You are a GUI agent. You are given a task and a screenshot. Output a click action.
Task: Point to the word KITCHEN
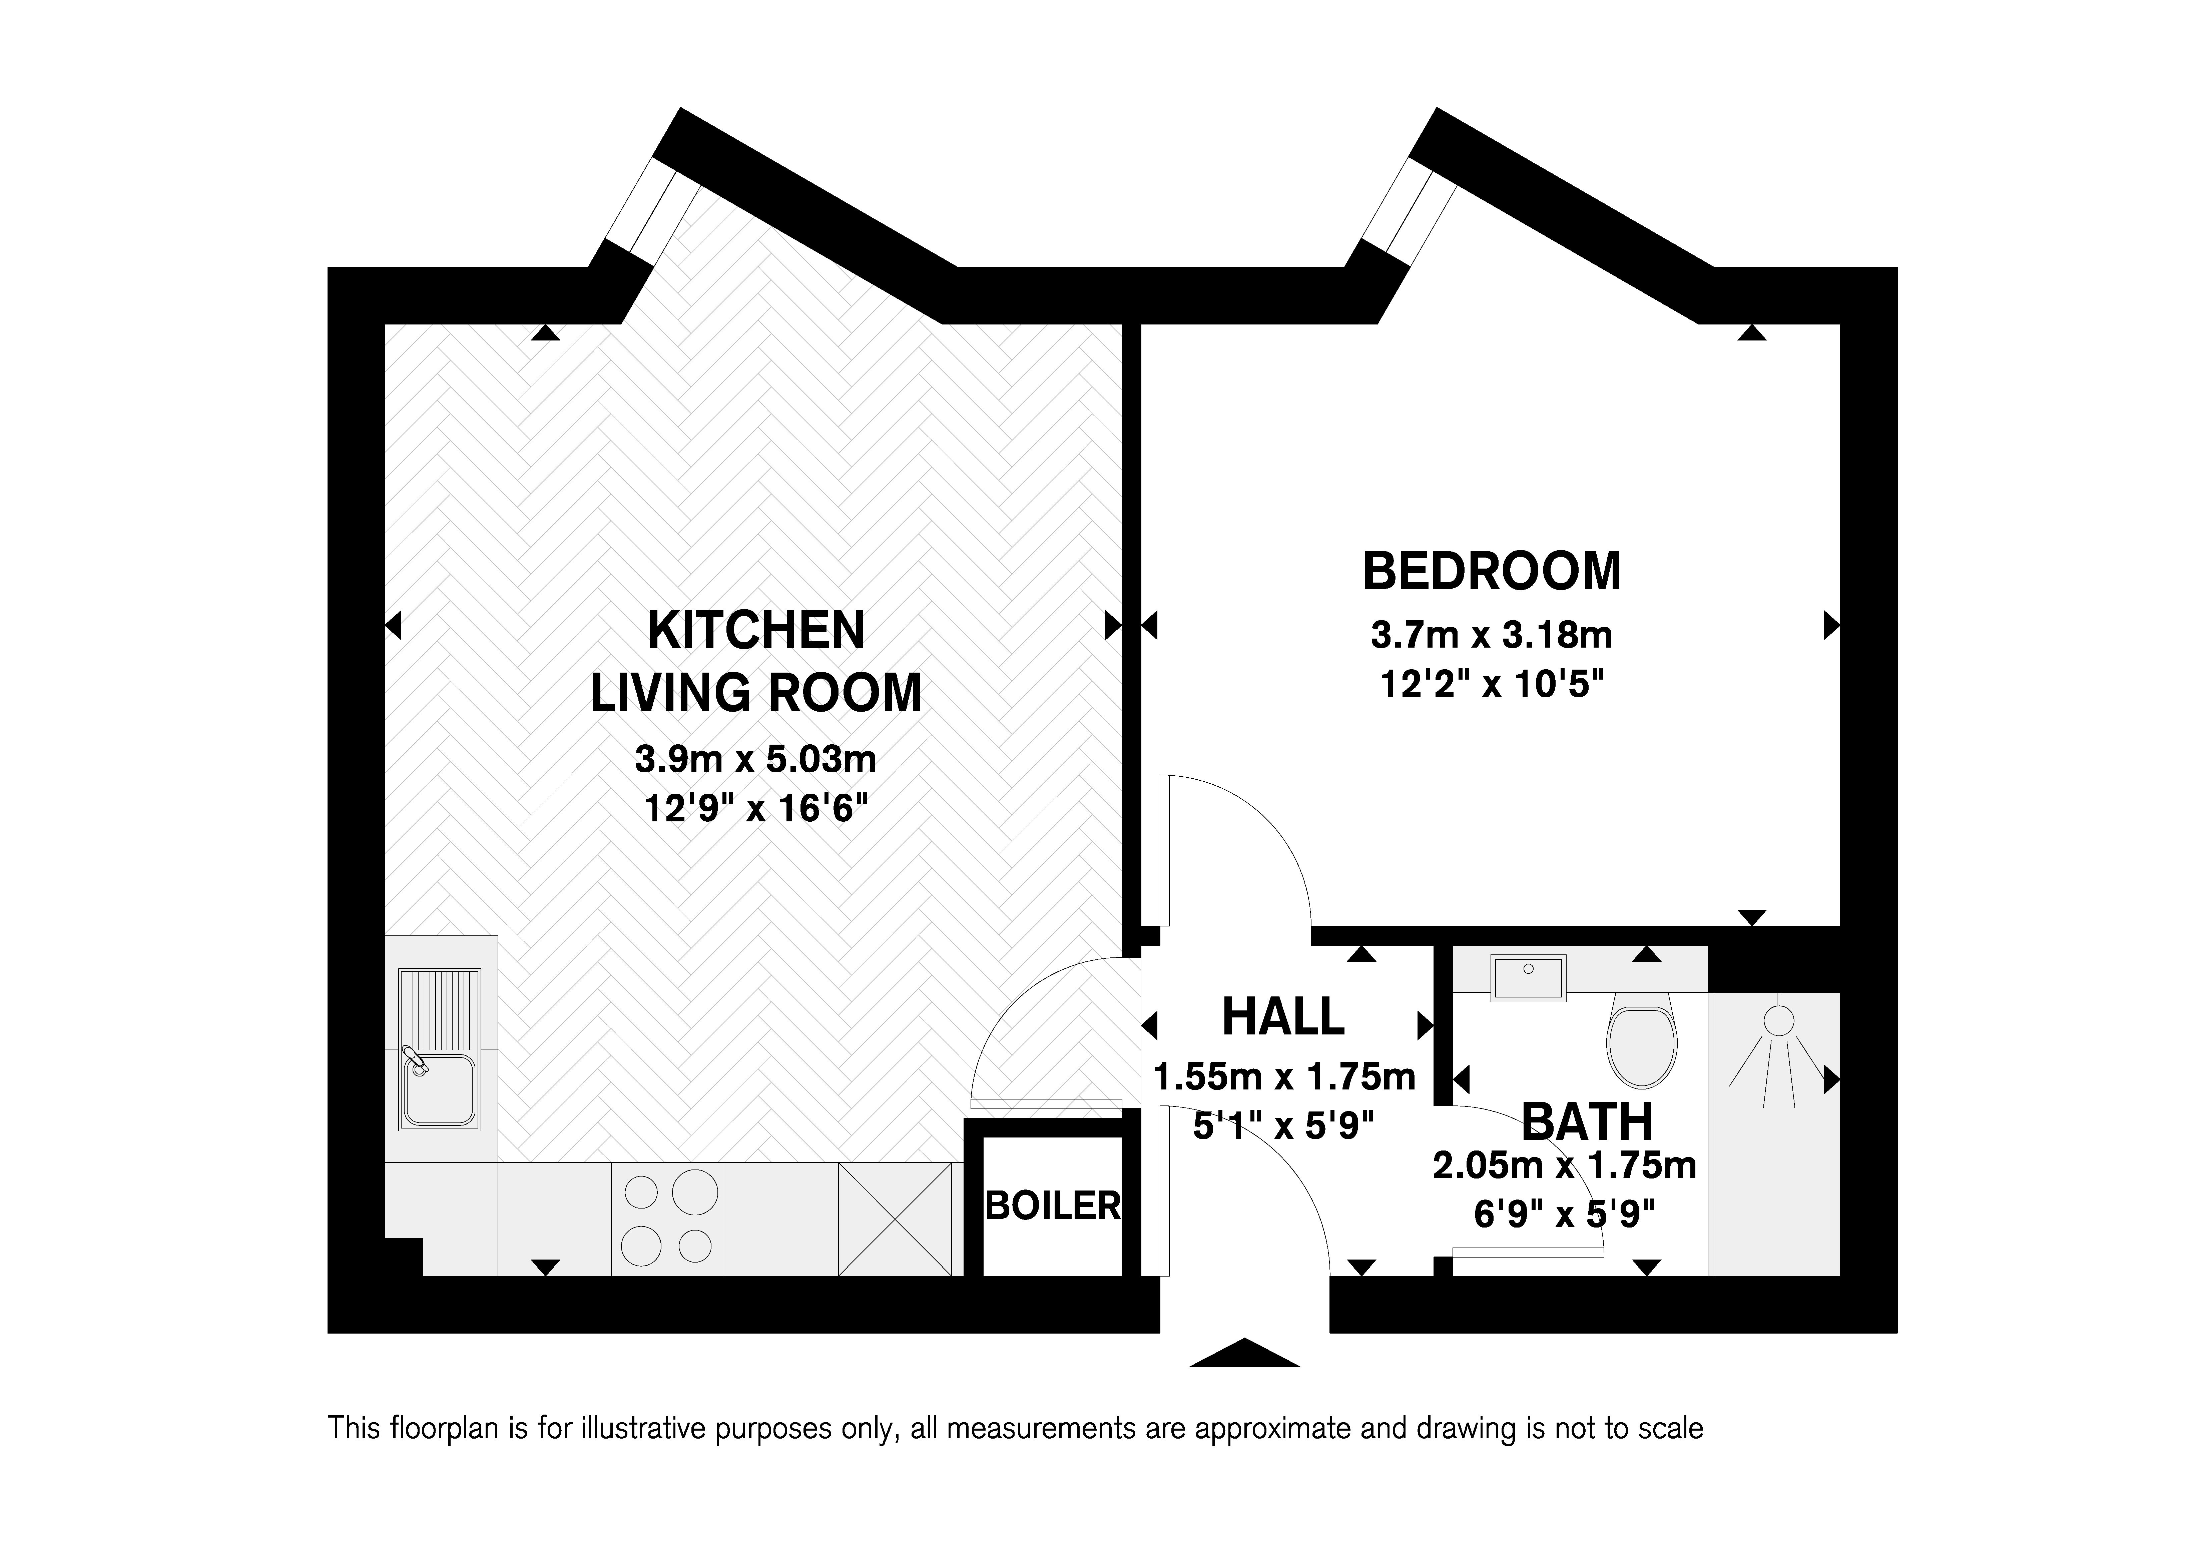click(756, 631)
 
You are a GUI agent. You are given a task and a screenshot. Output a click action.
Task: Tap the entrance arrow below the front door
click(1245, 1352)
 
